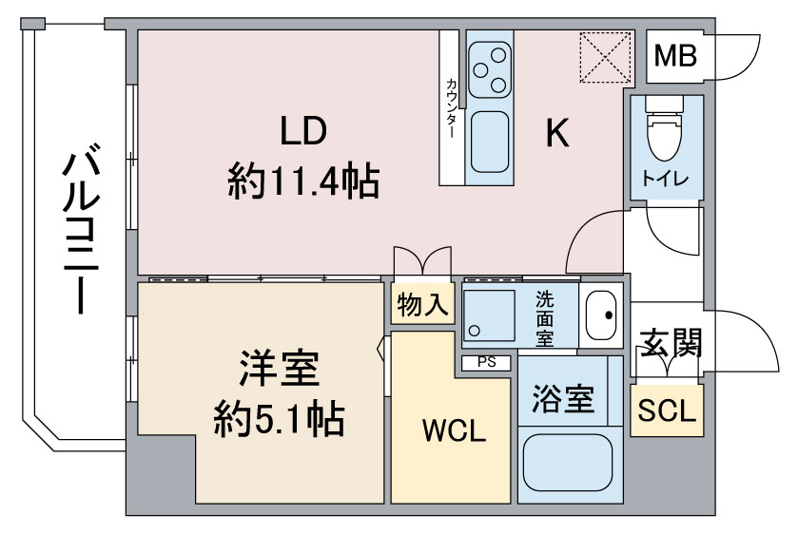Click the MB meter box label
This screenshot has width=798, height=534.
[675, 56]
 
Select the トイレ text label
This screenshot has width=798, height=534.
[665, 179]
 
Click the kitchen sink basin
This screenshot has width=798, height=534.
[490, 142]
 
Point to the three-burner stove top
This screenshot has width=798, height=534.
[490, 69]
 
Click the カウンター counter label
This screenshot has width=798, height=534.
[451, 108]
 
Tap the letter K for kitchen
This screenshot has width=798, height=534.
[557, 132]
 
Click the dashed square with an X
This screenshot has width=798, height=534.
[605, 57]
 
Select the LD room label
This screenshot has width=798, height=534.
[303, 130]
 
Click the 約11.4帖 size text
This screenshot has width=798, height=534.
[303, 181]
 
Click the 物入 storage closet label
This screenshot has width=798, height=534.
[422, 305]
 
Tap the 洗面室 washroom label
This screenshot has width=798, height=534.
[544, 319]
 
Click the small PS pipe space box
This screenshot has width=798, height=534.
[486, 363]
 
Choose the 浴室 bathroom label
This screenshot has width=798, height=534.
[563, 399]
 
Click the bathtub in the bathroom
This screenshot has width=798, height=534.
[568, 463]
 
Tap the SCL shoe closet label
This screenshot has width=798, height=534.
[667, 410]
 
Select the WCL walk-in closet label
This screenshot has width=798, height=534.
[454, 430]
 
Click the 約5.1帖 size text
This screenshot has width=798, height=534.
[279, 420]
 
